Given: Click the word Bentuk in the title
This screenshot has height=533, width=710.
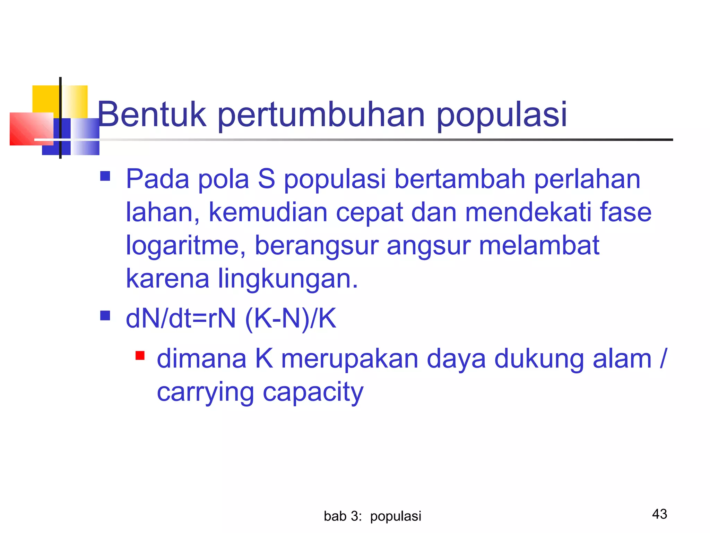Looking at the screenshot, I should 152,115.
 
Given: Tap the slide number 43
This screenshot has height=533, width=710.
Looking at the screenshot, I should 659,514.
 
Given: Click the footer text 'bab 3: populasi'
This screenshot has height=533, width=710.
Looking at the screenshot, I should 372,516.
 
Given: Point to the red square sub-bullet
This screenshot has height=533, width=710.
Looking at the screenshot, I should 140,356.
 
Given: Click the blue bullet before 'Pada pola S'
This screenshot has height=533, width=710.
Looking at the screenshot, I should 105,176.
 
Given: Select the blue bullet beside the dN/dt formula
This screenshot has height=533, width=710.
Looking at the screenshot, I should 105,315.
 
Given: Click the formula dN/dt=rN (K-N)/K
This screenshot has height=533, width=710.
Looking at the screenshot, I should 231,318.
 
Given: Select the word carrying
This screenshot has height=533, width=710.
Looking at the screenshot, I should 205,392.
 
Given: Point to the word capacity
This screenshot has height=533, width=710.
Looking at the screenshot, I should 313,392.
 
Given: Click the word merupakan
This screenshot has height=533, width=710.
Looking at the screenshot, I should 349,359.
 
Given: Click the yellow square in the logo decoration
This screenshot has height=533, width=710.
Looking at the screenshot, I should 46,99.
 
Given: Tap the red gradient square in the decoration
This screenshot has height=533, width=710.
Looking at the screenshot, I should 31,128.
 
